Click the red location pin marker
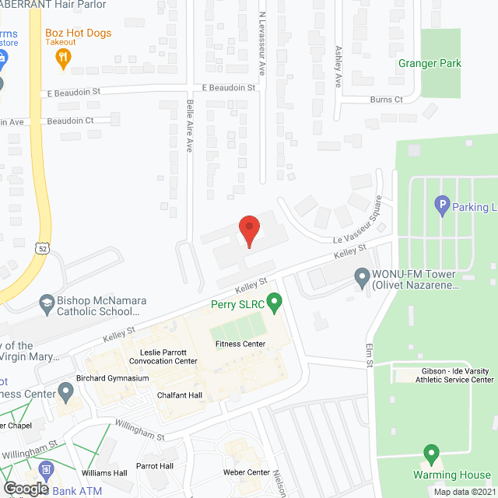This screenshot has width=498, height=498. pyautogui.click(x=247, y=230)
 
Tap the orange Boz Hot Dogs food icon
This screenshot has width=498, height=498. pyautogui.click(x=65, y=56)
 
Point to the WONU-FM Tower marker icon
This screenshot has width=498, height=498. pyautogui.click(x=361, y=275)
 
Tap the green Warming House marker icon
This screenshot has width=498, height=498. pyautogui.click(x=430, y=453)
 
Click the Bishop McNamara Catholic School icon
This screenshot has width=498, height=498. pyautogui.click(x=47, y=302)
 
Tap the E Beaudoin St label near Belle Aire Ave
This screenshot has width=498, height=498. pyautogui.click(x=229, y=89)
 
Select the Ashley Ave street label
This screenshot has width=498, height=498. pyautogui.click(x=338, y=65)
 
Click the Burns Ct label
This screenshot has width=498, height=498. pyautogui.click(x=386, y=100)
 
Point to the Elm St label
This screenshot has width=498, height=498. pyautogui.click(x=370, y=353)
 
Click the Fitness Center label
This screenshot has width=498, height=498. pyautogui.click(x=240, y=344)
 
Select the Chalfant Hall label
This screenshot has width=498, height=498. pyautogui.click(x=180, y=395)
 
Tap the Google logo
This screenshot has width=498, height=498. pyautogui.click(x=26, y=487)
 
